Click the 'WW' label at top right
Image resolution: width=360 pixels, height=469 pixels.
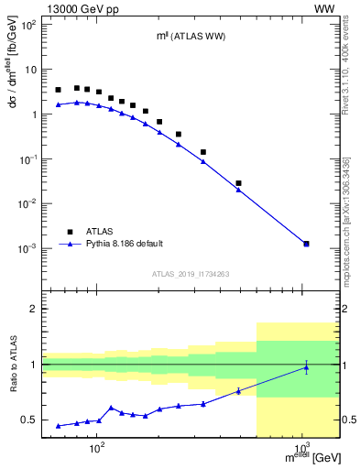(324, 8)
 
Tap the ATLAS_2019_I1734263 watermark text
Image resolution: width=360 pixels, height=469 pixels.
(191, 274)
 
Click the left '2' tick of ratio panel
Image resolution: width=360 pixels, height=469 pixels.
(34, 309)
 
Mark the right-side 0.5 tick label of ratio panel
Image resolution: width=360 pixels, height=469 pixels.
(349, 420)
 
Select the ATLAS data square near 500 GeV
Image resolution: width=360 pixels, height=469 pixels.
(238, 183)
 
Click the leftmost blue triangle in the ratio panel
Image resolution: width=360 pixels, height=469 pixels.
(59, 426)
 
